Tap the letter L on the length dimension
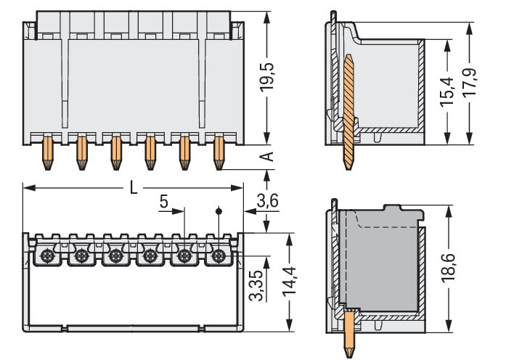click(x=132, y=187)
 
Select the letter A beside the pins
click(x=266, y=157)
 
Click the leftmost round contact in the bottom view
click(x=46, y=255)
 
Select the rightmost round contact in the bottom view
click(x=218, y=255)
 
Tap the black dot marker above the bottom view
click(x=218, y=211)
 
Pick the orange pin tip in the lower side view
click(x=351, y=334)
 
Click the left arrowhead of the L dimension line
click(x=28, y=188)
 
